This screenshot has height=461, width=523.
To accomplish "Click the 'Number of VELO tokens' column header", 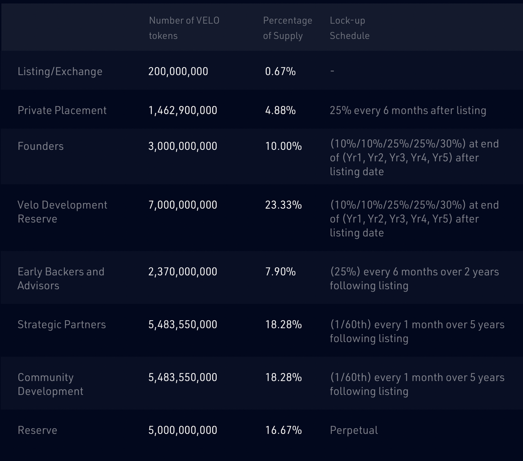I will point(184,28).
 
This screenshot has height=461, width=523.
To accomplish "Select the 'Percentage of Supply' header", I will point(287,28).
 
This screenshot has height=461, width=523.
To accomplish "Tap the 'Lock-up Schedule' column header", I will point(349,28).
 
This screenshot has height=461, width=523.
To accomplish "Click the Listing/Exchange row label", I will point(60,71).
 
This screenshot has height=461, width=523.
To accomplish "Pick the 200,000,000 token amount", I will point(178,71).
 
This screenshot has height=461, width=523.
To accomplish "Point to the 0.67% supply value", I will point(280,71).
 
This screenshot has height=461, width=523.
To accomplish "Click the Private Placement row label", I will point(62,110).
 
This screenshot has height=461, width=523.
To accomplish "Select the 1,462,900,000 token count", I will point(183,110).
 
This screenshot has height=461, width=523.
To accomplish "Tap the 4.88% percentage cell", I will point(280,110).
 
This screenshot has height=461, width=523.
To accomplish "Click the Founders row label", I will point(41,146).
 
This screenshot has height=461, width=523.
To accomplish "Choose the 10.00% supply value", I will point(283,146).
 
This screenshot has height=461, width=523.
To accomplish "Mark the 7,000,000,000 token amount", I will point(183,205).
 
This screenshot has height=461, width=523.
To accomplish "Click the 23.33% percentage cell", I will point(283,205).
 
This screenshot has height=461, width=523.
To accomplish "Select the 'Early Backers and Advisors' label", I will point(61,278).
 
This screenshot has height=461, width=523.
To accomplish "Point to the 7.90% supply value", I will point(280,271).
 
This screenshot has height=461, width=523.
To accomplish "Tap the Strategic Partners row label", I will point(61,325).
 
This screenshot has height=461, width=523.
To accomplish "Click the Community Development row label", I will point(50,384).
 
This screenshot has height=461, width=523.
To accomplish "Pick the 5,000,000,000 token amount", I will point(183,430).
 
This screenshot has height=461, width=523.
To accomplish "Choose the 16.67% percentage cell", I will point(283,430).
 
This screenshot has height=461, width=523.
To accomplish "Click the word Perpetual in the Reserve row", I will point(353,430).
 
